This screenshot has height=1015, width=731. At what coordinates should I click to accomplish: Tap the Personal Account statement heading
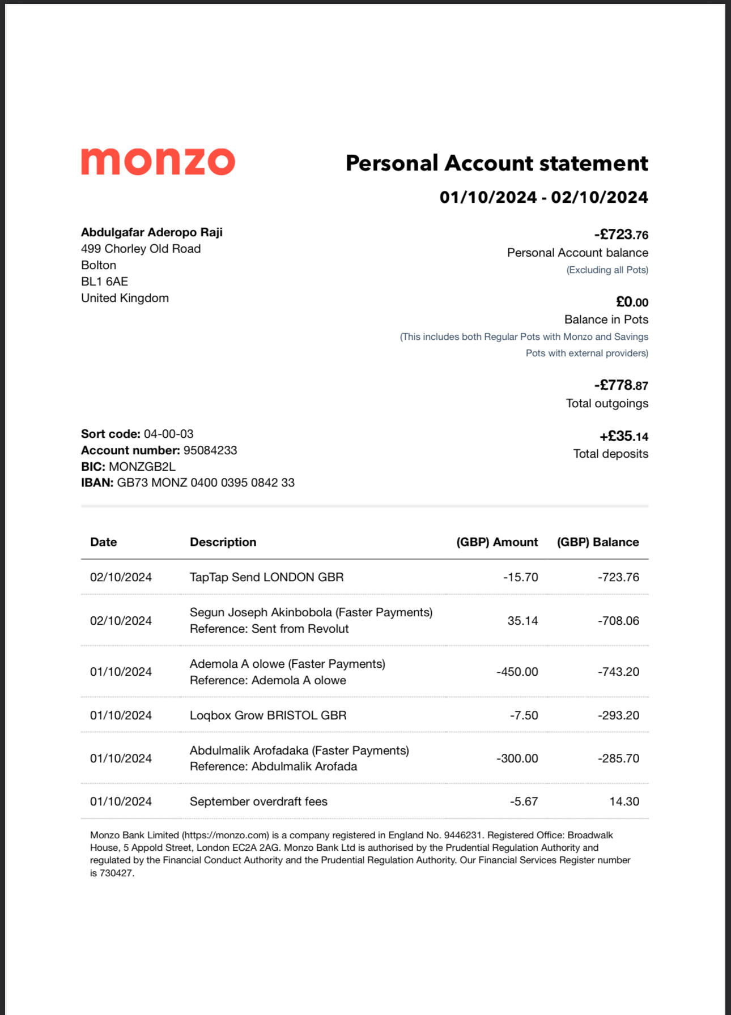pos(496,163)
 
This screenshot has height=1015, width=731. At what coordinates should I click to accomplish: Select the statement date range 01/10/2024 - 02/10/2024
pos(543,197)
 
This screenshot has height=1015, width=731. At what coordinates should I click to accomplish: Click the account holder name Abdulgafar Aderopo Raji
pos(151,232)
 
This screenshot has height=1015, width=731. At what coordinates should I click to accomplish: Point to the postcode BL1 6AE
pos(104,282)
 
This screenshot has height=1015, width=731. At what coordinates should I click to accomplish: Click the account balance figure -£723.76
pos(621,234)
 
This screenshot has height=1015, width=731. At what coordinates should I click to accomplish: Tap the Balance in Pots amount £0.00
pos(632,302)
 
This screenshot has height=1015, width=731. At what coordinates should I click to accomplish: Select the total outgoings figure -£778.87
pos(621,385)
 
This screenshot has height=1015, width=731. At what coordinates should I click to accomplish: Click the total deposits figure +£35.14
pos(624,436)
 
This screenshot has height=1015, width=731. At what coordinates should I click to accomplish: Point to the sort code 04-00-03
pos(168,434)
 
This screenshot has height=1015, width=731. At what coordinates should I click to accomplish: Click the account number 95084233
pos(210,450)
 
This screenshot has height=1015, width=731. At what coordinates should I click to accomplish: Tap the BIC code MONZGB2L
pos(142,467)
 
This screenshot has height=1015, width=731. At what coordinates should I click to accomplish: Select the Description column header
pos(223,542)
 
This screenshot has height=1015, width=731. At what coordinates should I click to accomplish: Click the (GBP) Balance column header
pos(598,542)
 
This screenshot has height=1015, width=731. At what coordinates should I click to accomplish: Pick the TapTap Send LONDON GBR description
pos(266,577)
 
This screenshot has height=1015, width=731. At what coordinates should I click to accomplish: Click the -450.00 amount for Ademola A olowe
pos(517,672)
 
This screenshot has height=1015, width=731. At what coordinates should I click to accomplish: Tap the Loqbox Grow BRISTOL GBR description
pos(268,715)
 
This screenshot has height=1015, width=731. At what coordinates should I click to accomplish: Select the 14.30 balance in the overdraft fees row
pos(624,801)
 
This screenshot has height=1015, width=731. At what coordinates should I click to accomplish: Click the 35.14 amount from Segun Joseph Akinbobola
pos(522,621)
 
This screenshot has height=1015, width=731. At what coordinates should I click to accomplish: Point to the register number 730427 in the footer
pos(116,873)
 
